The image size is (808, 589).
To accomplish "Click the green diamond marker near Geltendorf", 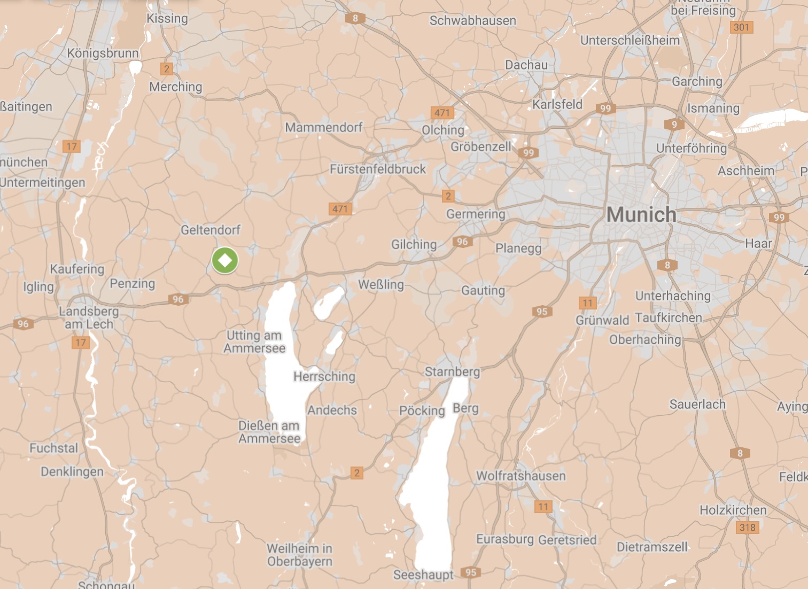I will [x=225, y=260].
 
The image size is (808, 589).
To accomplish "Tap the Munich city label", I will [x=641, y=214].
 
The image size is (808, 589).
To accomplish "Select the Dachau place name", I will [x=526, y=65].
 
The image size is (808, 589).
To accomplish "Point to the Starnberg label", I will [x=452, y=371].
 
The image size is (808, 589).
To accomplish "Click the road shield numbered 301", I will [x=741, y=27].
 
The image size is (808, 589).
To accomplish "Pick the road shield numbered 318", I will [x=747, y=528].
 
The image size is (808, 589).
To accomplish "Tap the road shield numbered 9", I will [x=674, y=125].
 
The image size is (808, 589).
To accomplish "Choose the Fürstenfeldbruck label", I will [x=378, y=169].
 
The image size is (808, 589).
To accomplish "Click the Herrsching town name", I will [x=324, y=376].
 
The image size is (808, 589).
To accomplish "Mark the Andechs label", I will [x=332, y=410].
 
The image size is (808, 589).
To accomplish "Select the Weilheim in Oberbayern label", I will [x=300, y=555].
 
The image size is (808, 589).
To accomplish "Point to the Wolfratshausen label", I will [x=520, y=476].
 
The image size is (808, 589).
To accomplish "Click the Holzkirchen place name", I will [x=733, y=510].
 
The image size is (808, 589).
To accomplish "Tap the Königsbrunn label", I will [x=103, y=53].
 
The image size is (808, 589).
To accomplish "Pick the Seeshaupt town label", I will [x=423, y=575].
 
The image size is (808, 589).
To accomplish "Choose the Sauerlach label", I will [x=697, y=405].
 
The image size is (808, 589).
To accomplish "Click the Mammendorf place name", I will [x=323, y=127].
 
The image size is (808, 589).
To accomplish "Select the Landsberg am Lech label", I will [x=89, y=317].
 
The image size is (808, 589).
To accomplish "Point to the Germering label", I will [x=476, y=214].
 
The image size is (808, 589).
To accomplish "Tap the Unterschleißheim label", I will [x=630, y=40].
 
